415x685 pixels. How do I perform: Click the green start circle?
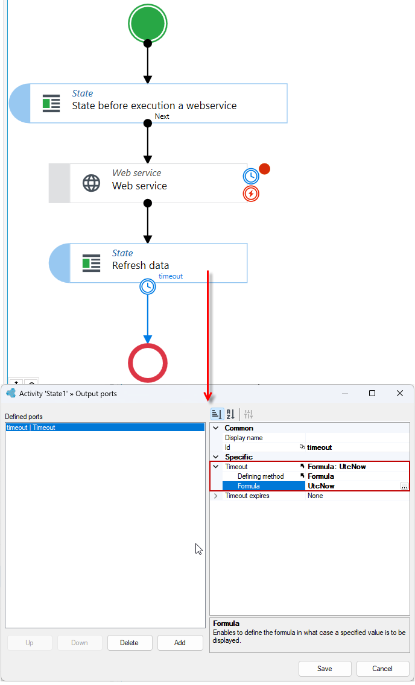point(148,23)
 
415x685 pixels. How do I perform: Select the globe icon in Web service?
point(91,183)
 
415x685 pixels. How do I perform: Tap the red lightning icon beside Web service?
point(251,194)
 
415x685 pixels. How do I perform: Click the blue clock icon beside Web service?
point(251,176)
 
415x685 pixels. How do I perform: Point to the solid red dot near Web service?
point(264,169)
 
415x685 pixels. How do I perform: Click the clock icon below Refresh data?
point(148,286)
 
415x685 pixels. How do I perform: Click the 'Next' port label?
point(162,116)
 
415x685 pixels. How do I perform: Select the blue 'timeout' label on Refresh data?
point(170,276)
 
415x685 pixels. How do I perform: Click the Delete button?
point(129,643)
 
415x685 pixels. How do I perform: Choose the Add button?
point(180,643)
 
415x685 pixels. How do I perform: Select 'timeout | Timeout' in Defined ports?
point(31,428)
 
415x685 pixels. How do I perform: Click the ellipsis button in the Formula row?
point(404,486)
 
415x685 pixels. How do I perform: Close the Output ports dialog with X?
point(400,393)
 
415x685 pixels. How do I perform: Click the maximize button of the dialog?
point(372,393)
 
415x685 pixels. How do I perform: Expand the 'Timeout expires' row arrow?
point(216,496)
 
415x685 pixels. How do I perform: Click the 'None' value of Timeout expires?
point(315,496)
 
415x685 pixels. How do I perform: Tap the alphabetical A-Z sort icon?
point(230,414)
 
